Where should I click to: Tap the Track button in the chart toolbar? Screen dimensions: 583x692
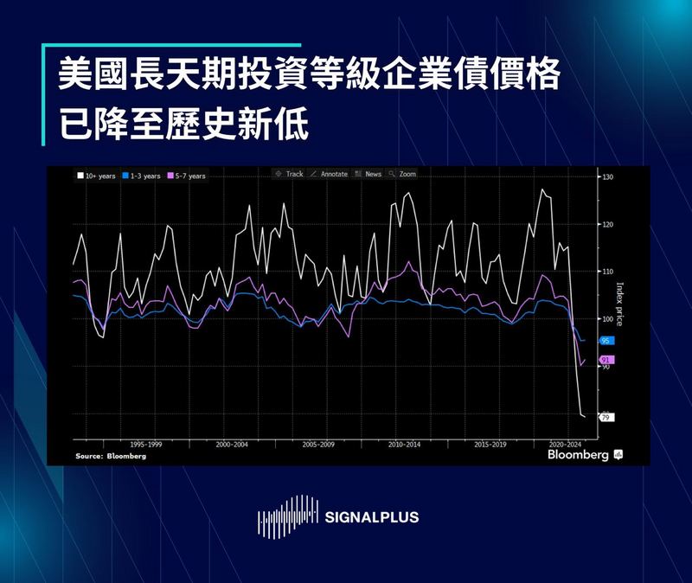(288, 174)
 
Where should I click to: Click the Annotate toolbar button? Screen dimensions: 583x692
(329, 174)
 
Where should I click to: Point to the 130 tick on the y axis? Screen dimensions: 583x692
(607, 177)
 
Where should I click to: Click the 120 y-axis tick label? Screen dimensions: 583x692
(607, 225)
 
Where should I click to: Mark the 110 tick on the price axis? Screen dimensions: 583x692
(607, 272)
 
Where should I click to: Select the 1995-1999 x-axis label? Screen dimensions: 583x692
(144, 444)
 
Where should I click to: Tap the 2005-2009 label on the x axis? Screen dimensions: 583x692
(318, 444)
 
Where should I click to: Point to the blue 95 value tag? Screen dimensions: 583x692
(605, 342)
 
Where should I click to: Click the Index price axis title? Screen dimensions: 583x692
(619, 304)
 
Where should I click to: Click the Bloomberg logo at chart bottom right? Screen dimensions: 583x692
(578, 454)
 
